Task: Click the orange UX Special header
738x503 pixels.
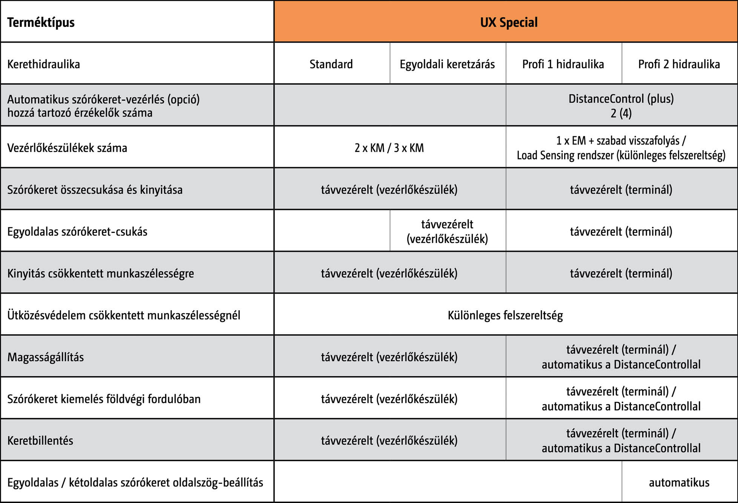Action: pyautogui.click(x=509, y=22)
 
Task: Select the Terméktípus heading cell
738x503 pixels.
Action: pyautogui.click(x=41, y=23)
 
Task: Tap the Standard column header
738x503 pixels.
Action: pyautogui.click(x=331, y=64)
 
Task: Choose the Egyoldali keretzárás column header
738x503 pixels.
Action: pyautogui.click(x=447, y=64)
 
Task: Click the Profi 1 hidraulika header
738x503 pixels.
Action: pyautogui.click(x=563, y=64)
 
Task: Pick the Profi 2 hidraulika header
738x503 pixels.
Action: pyautogui.click(x=679, y=64)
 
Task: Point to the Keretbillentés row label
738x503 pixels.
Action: pyautogui.click(x=40, y=440)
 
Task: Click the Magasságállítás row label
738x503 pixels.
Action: pyautogui.click(x=46, y=357)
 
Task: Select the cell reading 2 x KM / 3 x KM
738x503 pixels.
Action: pyautogui.click(x=389, y=148)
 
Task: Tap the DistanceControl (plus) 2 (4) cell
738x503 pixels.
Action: pyautogui.click(x=621, y=106)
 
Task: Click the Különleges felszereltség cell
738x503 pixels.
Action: pyautogui.click(x=505, y=315)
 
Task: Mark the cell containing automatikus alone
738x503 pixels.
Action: pyautogui.click(x=679, y=482)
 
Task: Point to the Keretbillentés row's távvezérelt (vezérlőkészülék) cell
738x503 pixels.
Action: pyautogui.click(x=389, y=440)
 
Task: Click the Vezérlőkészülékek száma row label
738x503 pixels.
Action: pyautogui.click(x=67, y=148)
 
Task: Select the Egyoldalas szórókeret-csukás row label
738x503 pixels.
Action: pyautogui.click(x=77, y=231)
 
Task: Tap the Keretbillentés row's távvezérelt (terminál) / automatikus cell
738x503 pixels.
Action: pyautogui.click(x=621, y=440)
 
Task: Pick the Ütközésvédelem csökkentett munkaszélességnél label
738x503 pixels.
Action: pyautogui.click(x=124, y=315)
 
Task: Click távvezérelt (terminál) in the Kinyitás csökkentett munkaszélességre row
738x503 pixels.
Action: pyautogui.click(x=621, y=273)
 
